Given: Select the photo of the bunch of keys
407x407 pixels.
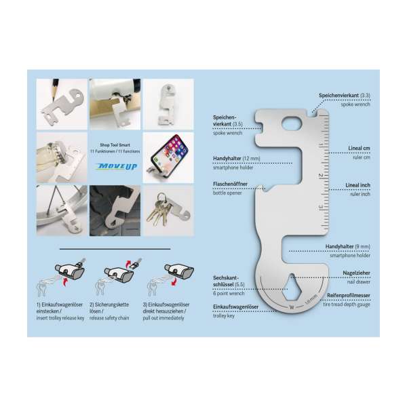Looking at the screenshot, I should (168, 210).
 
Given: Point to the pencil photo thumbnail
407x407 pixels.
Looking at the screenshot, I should (62, 104).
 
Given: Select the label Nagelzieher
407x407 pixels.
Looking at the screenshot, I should (356, 271).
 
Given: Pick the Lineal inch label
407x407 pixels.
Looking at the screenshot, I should (356, 185).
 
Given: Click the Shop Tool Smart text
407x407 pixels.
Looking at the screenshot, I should (114, 144).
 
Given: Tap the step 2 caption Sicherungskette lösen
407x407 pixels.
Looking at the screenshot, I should (113, 309).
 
